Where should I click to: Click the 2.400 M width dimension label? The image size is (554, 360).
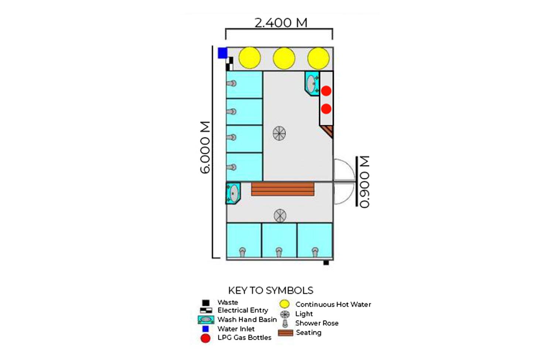point(281,23)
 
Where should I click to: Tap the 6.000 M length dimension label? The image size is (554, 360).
point(205,147)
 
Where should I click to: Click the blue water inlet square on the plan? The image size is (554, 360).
point(222,53)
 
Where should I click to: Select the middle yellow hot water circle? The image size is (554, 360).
point(284,58)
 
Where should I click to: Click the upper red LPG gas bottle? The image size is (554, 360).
point(326,91)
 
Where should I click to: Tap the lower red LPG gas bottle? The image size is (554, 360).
point(326,109)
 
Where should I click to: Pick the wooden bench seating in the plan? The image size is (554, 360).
point(283,189)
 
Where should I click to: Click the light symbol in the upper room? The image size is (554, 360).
point(279,133)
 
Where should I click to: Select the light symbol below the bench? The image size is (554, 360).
point(280,216)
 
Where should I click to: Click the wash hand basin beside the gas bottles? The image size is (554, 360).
point(312,84)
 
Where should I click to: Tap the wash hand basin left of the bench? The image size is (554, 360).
point(233,193)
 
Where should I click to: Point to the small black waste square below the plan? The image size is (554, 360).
point(326,263)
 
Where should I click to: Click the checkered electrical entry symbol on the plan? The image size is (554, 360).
point(229,64)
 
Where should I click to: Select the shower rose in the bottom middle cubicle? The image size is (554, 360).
point(279,252)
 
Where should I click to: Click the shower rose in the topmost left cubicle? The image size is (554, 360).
point(232,83)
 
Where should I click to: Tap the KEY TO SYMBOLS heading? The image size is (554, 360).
point(271,291)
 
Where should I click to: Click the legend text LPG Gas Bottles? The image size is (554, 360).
point(244,337)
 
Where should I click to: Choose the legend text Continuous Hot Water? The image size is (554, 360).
point(333,305)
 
